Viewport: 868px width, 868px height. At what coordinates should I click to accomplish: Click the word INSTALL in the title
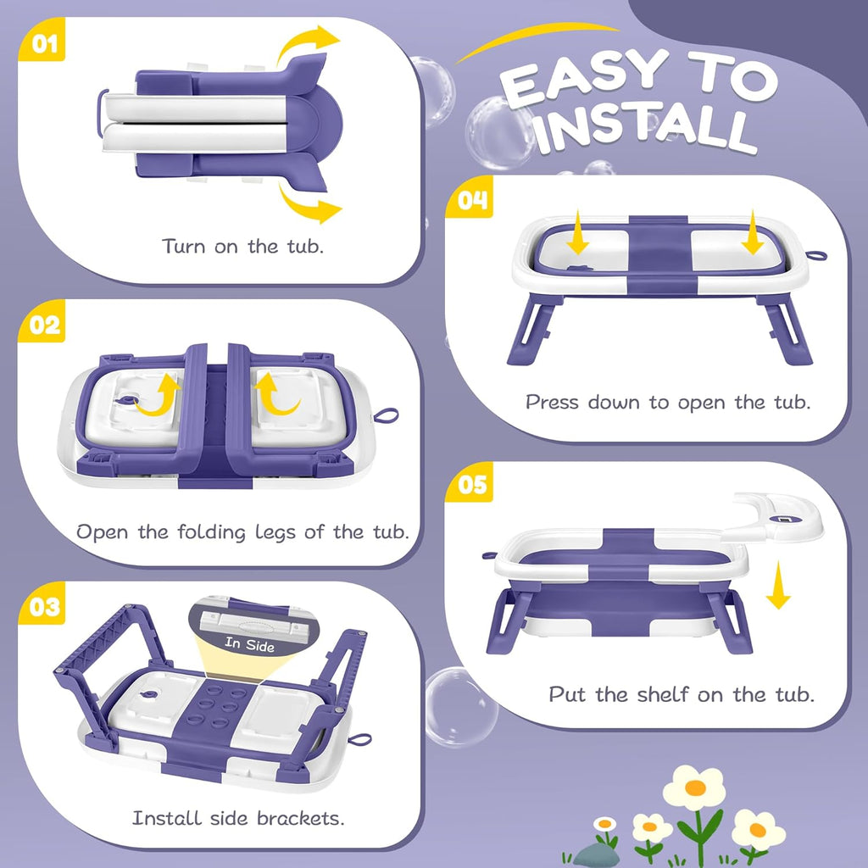[x=644, y=127]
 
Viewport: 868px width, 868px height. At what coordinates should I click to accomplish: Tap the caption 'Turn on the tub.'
[x=244, y=247]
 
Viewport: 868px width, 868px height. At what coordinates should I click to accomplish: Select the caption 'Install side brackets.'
[x=238, y=818]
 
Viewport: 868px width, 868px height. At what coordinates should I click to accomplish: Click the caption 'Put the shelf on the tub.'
[x=681, y=694]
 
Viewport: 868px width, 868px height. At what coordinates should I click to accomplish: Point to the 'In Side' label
[x=250, y=644]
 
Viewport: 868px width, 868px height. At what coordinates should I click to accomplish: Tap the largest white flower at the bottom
[x=694, y=787]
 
